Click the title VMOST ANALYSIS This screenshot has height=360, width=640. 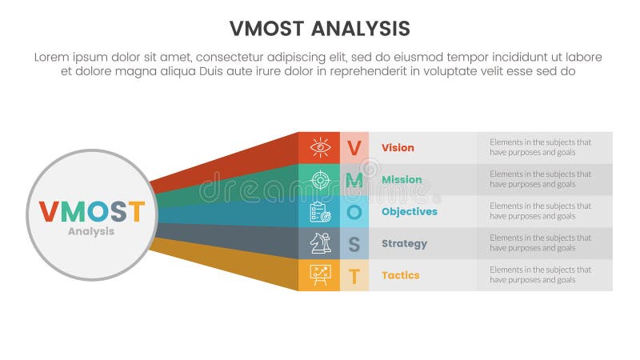[x=319, y=29]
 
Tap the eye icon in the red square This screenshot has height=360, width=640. [x=319, y=147]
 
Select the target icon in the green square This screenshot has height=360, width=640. [x=319, y=179]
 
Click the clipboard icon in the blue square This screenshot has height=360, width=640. [x=319, y=211]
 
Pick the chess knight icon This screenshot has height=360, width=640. [x=319, y=243]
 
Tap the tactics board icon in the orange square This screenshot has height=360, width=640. [x=319, y=275]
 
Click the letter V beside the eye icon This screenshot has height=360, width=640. [x=354, y=147]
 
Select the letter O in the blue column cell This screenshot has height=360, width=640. [x=354, y=211]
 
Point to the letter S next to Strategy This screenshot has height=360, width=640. [x=354, y=243]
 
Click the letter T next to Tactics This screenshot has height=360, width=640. [x=354, y=275]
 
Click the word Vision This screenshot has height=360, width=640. [x=398, y=147]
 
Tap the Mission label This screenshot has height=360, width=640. [x=402, y=179]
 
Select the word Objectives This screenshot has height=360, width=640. [x=409, y=211]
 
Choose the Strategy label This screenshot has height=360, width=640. [x=404, y=243]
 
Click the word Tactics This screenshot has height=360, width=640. [x=400, y=275]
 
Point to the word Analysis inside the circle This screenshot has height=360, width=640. [x=91, y=231]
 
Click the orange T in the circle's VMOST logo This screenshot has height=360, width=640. [x=137, y=211]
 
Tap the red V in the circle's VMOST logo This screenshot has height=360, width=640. [x=49, y=211]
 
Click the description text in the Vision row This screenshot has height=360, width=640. [x=540, y=147]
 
